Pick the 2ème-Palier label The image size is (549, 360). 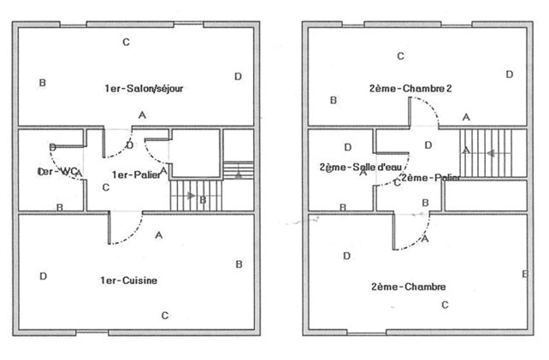(x=430, y=177)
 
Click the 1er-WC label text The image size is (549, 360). (x=60, y=172)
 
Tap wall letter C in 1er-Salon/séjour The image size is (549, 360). (x=126, y=42)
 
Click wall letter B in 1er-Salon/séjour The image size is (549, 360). (x=42, y=83)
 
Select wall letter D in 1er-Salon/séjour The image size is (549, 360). (x=239, y=77)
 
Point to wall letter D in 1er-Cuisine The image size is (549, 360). (x=43, y=275)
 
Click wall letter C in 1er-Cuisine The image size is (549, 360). (x=164, y=314)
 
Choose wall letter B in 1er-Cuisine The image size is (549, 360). (x=239, y=264)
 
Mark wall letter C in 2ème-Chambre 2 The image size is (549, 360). (x=400, y=57)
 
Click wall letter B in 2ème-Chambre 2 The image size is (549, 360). (x=333, y=101)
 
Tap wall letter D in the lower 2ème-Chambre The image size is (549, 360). (x=346, y=256)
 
